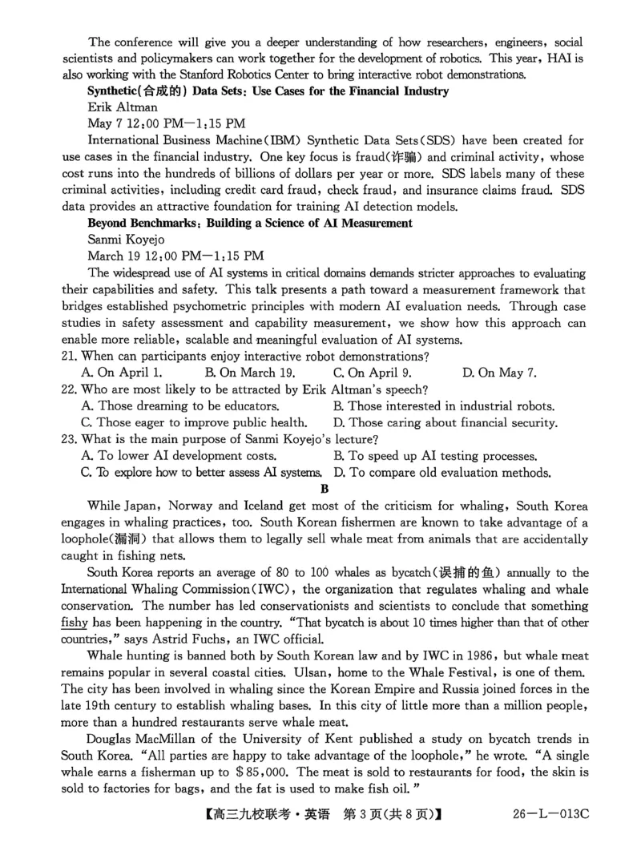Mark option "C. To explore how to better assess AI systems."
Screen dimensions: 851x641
[x=201, y=472]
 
